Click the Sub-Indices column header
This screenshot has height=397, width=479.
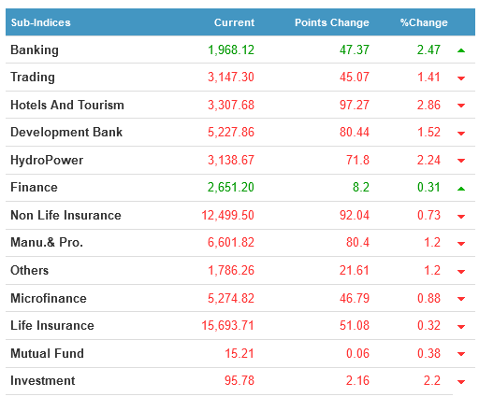pos(41,22)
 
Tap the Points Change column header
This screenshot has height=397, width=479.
pos(332,22)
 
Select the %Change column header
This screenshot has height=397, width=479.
pos(424,22)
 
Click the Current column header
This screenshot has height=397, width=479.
pos(234,22)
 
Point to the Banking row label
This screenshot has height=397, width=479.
pos(35,50)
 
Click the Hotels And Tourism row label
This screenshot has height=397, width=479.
pos(67,105)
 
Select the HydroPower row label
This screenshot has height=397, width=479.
pos(47,160)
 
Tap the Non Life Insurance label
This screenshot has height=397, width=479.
pos(65,215)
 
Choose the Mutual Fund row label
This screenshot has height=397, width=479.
pos(47,353)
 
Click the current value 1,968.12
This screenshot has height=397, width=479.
pos(231,50)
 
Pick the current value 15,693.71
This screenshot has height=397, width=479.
pos(227,325)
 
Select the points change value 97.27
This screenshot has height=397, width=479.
pos(355,105)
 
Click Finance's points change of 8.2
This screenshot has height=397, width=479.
pos(361,187)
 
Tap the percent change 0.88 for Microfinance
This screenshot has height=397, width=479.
pos(428,298)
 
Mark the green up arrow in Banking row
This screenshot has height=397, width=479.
pos(461,50)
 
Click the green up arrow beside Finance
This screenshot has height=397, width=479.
pos(461,189)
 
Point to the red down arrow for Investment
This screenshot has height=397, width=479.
pos(461,381)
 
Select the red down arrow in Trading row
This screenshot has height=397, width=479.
pos(461,78)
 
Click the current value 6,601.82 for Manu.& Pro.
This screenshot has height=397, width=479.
pos(231,242)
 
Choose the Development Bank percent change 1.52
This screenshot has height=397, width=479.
pos(428,132)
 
